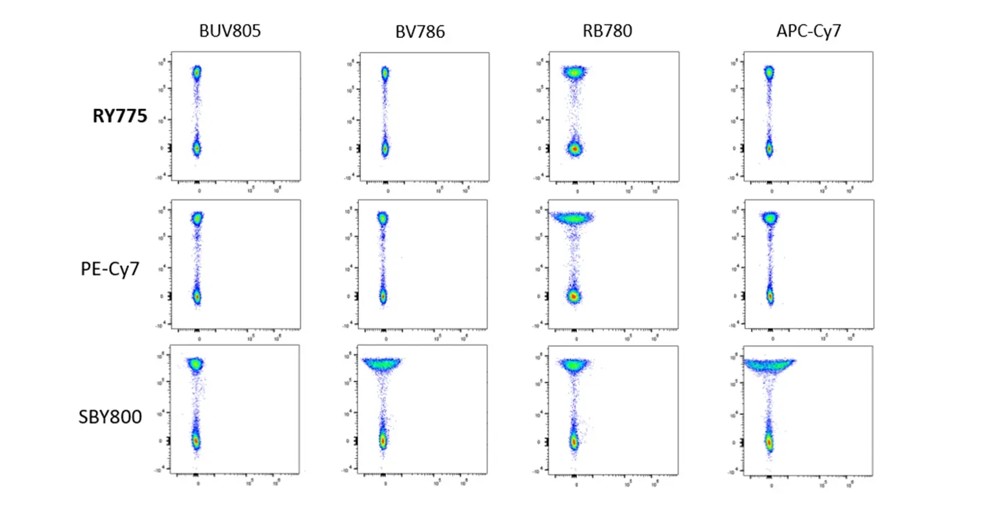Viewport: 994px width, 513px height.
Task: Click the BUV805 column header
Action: (x=231, y=30)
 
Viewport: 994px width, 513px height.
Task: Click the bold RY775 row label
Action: (x=119, y=117)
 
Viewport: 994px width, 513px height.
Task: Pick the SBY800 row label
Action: (x=110, y=416)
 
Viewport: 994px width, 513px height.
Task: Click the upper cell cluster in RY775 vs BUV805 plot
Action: (x=197, y=72)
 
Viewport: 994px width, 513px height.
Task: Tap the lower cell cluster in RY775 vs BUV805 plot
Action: (x=196, y=147)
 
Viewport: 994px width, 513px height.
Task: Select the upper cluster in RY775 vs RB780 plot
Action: (x=574, y=72)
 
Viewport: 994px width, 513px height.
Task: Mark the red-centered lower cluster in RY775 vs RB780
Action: (x=574, y=148)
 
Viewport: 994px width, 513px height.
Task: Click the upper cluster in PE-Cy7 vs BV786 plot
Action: (x=382, y=219)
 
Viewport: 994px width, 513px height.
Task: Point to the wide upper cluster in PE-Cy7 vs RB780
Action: (x=572, y=219)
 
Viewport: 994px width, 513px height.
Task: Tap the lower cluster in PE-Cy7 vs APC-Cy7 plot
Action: (x=770, y=296)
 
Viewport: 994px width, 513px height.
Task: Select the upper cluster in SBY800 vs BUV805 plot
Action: (x=196, y=364)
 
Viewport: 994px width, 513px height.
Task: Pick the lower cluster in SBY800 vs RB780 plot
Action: (x=573, y=441)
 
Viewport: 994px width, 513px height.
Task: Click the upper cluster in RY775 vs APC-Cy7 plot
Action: (x=768, y=72)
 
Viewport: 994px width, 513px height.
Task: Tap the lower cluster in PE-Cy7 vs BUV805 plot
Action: (x=196, y=296)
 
